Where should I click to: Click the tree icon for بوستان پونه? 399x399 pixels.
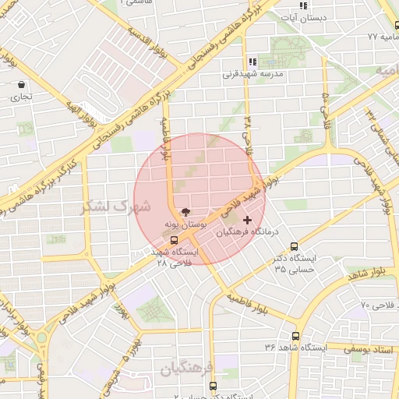pos(185,211)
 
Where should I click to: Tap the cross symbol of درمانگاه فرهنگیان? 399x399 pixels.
pos(248,221)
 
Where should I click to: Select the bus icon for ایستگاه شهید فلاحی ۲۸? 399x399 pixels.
pos(173,240)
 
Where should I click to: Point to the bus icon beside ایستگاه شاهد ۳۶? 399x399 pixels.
pos(295,336)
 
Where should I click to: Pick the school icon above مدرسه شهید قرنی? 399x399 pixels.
pos(252,62)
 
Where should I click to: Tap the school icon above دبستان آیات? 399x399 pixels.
pos(303,5)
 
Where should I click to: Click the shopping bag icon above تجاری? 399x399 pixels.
pos(20,85)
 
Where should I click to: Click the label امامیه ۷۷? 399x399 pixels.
pos(383,37)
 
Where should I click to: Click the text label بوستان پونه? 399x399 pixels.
pos(185,224)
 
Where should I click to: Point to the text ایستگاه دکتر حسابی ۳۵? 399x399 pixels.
pos(294,263)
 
